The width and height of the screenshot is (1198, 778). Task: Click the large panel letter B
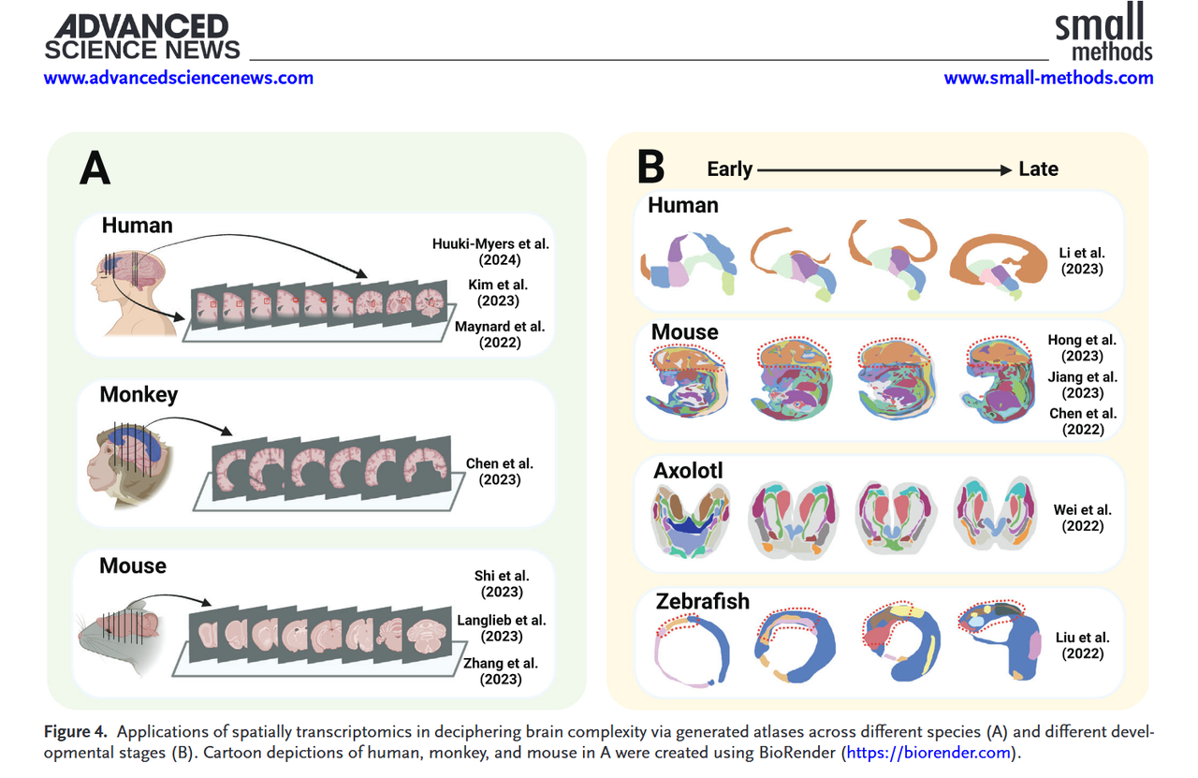pos(650,168)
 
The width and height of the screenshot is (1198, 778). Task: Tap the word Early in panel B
pos(730,169)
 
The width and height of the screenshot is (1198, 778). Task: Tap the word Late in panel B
pos(1038,169)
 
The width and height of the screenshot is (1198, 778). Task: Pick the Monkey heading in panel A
pos(139,394)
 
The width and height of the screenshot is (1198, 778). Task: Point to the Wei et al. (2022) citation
pos(1083,518)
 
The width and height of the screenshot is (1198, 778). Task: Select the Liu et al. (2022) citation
pos(1083,646)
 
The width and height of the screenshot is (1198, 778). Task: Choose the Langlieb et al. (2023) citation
pos(502,628)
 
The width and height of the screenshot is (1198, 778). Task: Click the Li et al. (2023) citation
pos(1083,261)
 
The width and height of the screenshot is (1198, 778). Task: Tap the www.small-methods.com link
pos(1048,78)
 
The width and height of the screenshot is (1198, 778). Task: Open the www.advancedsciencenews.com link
pos(179,78)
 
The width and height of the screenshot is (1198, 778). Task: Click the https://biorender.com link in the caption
pos(927,753)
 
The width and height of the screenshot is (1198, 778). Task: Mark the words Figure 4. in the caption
pos(78,731)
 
